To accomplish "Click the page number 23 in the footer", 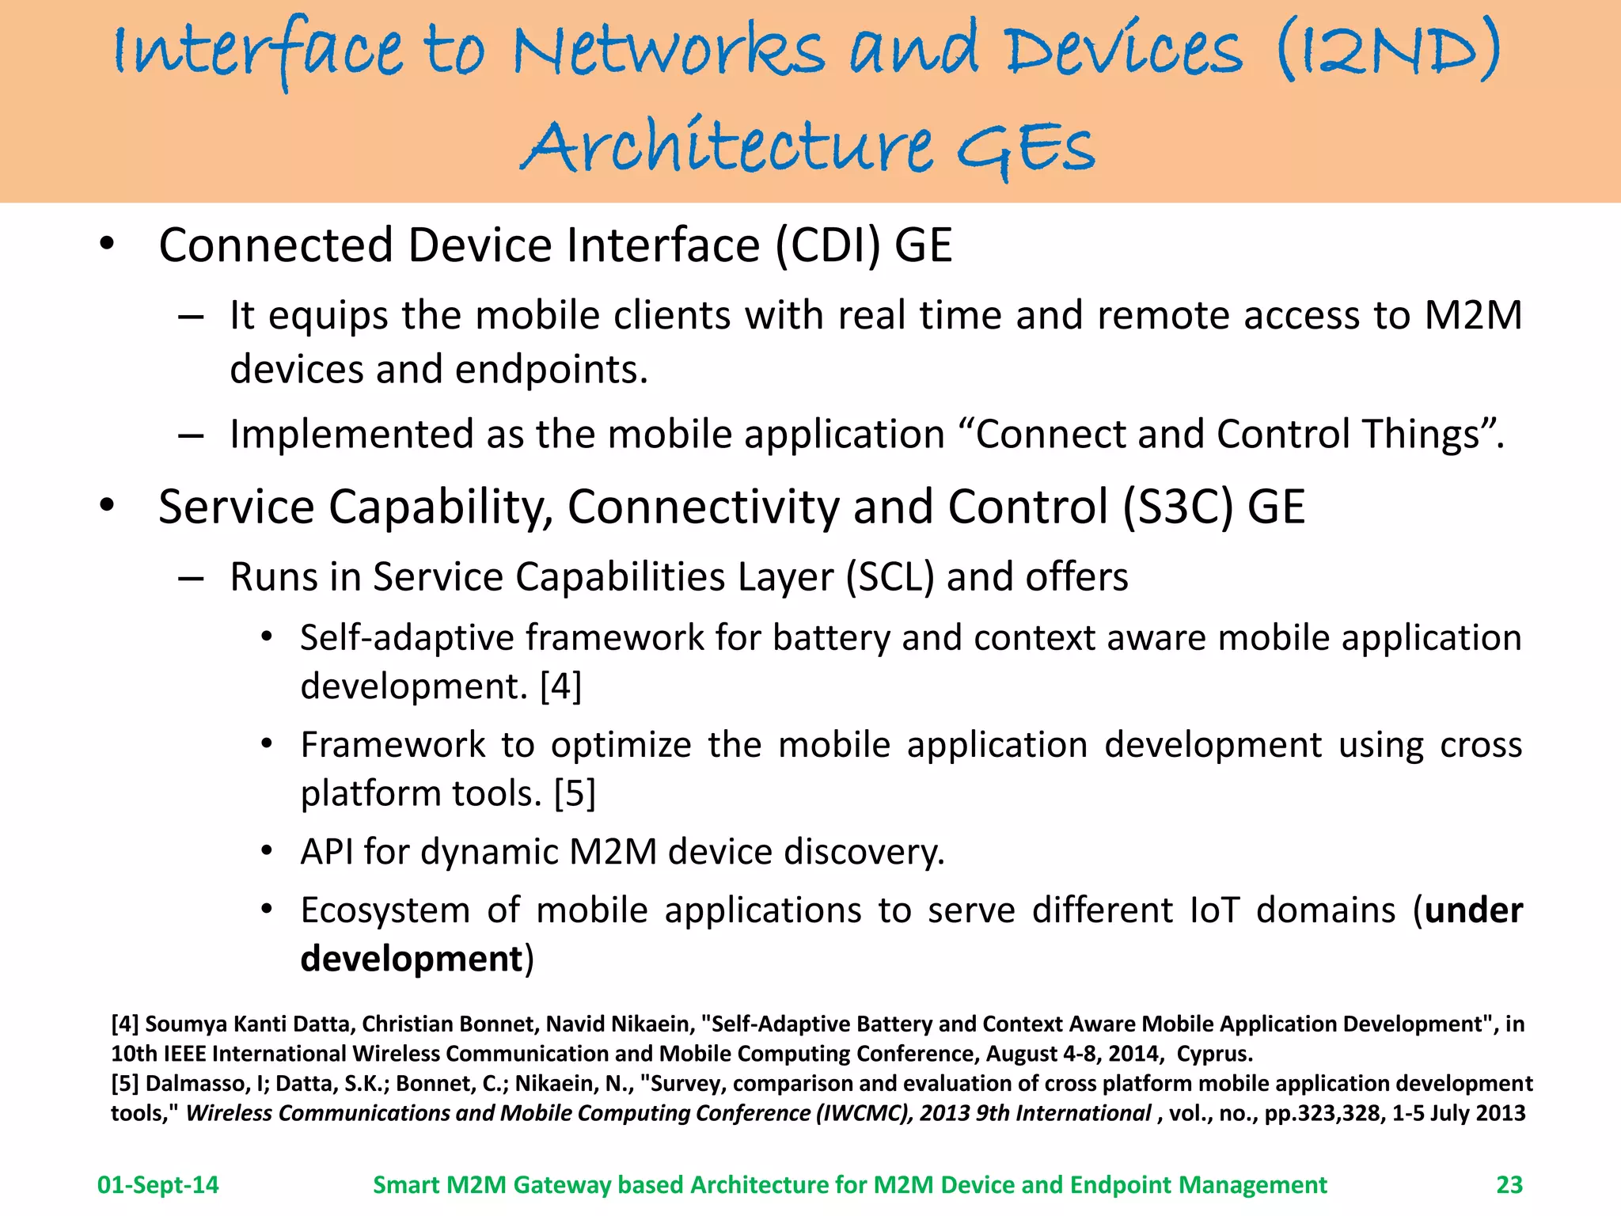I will click(x=1509, y=1184).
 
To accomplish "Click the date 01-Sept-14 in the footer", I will click(x=158, y=1184).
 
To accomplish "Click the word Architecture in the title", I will click(x=727, y=147).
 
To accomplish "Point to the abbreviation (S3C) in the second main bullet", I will click(x=1177, y=507).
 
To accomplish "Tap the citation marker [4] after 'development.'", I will click(x=560, y=686).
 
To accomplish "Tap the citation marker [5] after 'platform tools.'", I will click(x=575, y=793).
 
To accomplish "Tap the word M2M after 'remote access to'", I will click(x=1473, y=316).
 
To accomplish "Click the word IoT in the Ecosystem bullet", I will click(x=1214, y=910).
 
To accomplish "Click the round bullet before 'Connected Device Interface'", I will click(x=107, y=244).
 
